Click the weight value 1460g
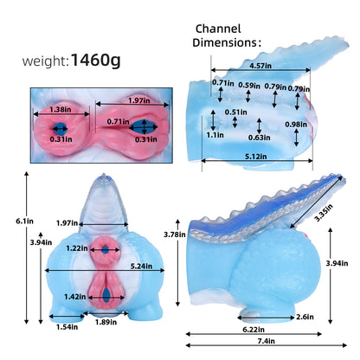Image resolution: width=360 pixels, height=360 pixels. (x=95, y=61)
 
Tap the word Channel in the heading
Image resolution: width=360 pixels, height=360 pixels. (x=218, y=29)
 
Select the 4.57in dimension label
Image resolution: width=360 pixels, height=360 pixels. (x=260, y=66)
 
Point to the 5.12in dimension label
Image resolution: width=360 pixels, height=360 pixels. (x=256, y=157)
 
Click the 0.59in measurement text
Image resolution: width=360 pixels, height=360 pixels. (x=249, y=86)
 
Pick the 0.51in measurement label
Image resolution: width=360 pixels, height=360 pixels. (x=236, y=112)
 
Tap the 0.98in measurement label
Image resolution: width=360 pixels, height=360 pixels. (x=296, y=125)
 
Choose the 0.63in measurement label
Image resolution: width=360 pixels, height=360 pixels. (x=260, y=138)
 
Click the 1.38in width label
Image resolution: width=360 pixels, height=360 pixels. (x=61, y=109)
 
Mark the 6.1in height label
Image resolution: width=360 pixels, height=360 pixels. (x=24, y=222)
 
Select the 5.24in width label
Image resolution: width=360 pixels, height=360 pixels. (x=141, y=266)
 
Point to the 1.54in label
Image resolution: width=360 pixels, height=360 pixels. (x=67, y=327)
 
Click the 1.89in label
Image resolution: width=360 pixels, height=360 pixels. (x=106, y=322)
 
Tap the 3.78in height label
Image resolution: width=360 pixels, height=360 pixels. (x=175, y=235)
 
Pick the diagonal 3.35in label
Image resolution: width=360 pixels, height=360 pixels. (x=324, y=213)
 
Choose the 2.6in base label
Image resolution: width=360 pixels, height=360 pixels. (x=305, y=317)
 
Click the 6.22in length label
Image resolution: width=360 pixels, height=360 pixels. (x=254, y=329)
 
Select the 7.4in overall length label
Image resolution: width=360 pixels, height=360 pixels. (x=267, y=341)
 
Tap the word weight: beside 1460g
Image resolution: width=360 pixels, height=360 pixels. (x=46, y=61)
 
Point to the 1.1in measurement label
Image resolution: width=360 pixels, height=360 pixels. (x=215, y=135)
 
